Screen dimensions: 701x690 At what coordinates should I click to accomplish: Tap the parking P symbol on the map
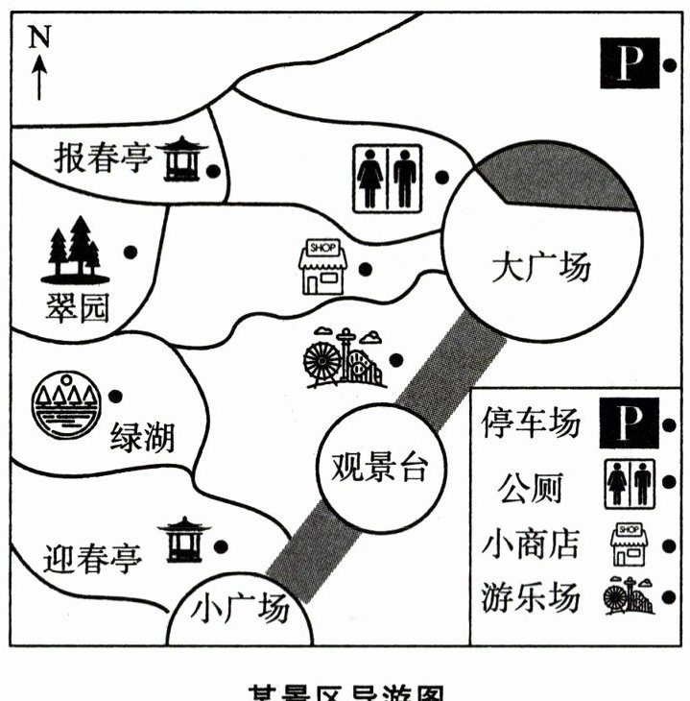coord(629,64)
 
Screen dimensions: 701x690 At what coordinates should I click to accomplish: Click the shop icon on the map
coord(322,267)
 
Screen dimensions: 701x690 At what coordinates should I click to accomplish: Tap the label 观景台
coord(377,467)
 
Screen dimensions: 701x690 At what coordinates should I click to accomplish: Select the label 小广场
coord(240,609)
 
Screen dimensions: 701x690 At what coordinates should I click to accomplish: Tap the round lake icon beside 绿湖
coord(64,406)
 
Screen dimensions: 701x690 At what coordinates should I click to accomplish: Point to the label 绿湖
coord(142,438)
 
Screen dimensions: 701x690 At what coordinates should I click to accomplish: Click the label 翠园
coord(77,309)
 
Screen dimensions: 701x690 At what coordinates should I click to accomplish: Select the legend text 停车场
coord(531,423)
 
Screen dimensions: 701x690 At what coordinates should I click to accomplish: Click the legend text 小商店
coord(531,544)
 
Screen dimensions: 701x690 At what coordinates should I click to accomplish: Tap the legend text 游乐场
coord(531,597)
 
